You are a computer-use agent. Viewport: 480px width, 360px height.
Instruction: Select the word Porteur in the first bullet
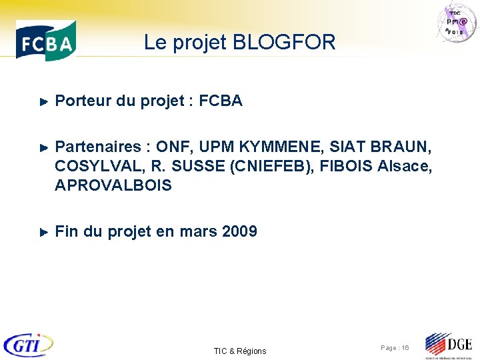(x=83, y=101)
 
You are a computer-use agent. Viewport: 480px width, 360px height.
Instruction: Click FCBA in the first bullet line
(x=221, y=101)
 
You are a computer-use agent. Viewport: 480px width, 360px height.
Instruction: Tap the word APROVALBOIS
(x=113, y=185)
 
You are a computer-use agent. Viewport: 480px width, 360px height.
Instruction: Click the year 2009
(x=239, y=232)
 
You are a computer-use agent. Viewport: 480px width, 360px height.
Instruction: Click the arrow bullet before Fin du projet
(x=44, y=233)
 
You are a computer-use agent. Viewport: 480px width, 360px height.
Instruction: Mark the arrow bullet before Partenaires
(x=44, y=147)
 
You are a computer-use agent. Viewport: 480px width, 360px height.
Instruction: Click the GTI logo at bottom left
(x=28, y=344)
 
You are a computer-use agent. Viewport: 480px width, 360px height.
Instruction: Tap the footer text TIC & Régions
(x=240, y=351)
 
